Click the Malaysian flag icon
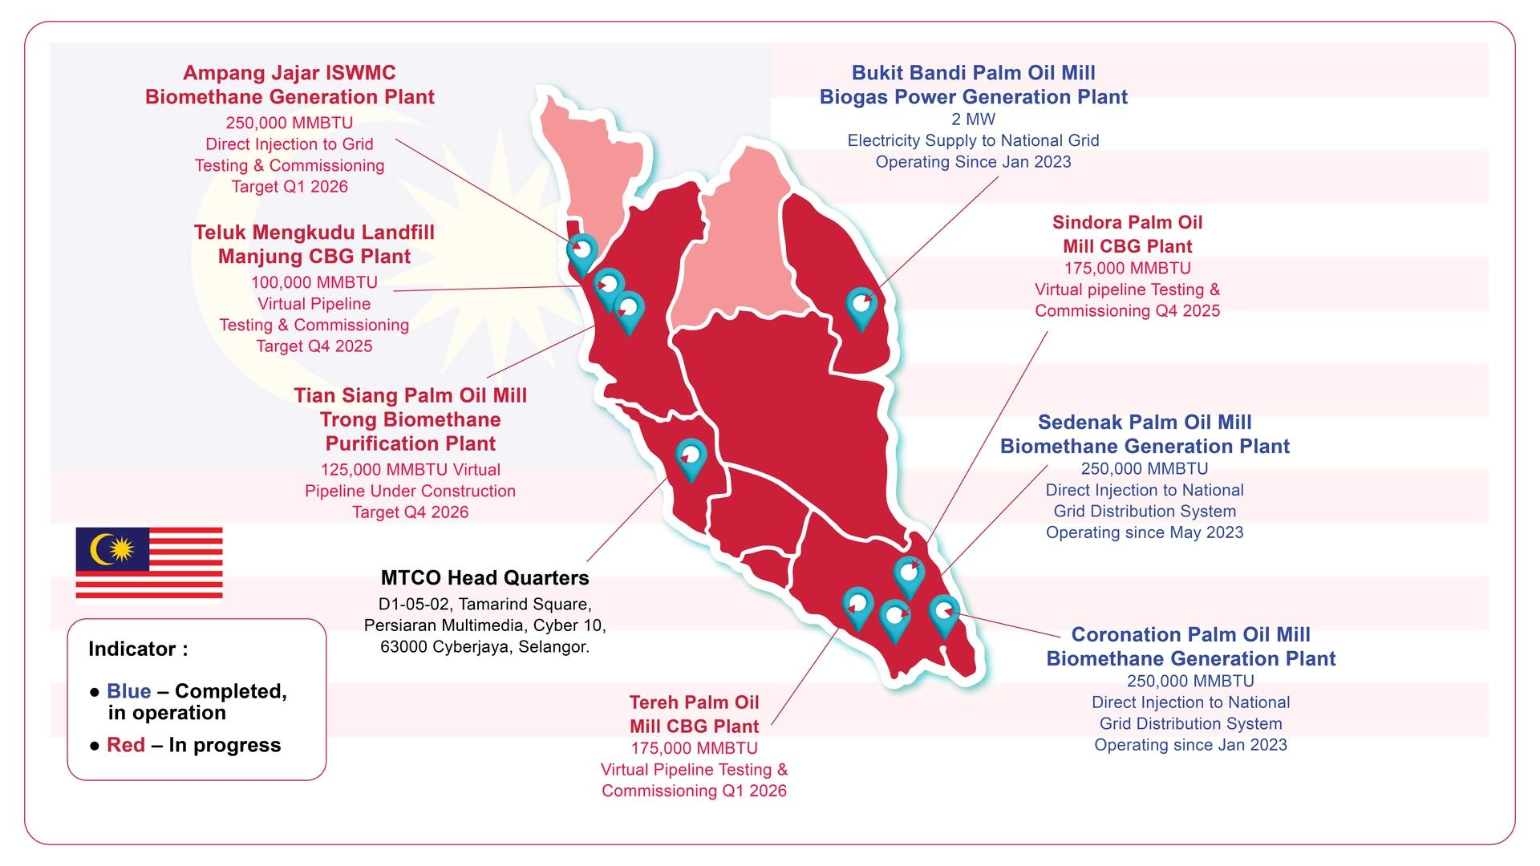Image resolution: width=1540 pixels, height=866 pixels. pyautogui.click(x=149, y=562)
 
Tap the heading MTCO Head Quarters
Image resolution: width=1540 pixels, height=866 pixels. pyautogui.click(x=484, y=578)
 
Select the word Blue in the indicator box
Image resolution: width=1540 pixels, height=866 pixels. pyautogui.click(x=129, y=691)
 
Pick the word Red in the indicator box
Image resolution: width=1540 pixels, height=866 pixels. pyautogui.click(x=126, y=745)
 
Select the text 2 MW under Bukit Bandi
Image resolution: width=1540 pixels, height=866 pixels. pyautogui.click(x=973, y=119)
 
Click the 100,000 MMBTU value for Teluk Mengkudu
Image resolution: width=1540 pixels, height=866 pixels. pyautogui.click(x=314, y=282)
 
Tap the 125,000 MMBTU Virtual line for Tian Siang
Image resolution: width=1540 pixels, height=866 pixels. pyautogui.click(x=410, y=470)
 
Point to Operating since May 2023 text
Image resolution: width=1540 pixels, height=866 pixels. pyautogui.click(x=1145, y=532)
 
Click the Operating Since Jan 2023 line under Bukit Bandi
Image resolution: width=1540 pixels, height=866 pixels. pyautogui.click(x=973, y=162)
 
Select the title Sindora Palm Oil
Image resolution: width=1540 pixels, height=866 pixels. pyautogui.click(x=1127, y=222)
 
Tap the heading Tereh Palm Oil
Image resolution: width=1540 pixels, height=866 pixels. pyautogui.click(x=694, y=702)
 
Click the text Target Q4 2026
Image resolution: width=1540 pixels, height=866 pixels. pyautogui.click(x=410, y=512)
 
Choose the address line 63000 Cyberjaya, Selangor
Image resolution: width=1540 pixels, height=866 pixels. pyautogui.click(x=484, y=647)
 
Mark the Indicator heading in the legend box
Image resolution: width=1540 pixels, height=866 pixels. pyautogui.click(x=138, y=649)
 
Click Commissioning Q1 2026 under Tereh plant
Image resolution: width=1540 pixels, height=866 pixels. pyautogui.click(x=694, y=791)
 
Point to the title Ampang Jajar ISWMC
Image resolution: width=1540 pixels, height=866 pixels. pyautogui.click(x=290, y=73)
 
